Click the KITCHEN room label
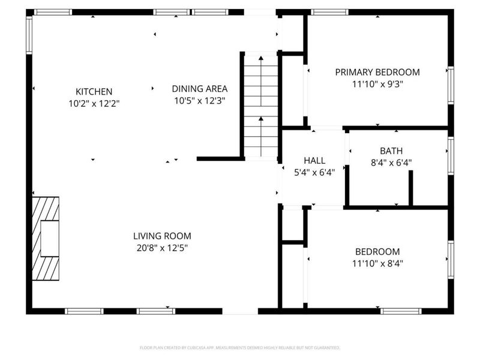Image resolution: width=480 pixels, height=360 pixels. coord(94,92)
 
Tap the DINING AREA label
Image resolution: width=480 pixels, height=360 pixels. coord(200,88)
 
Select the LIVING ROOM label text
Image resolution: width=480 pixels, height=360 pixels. coord(162,236)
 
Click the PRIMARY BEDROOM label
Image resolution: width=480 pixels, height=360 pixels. coord(377,72)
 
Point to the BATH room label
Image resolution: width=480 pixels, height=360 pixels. coord(391,151)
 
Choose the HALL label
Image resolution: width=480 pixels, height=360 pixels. coord(314,160)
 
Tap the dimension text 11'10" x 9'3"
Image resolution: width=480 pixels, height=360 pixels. coord(377,84)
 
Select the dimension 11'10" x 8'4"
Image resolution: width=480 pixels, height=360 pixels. coord(377,263)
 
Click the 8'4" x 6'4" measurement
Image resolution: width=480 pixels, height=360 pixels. coord(391,162)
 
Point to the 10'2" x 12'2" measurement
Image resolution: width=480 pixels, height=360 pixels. coord(94,103)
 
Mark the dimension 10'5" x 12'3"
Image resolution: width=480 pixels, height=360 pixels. coord(200,101)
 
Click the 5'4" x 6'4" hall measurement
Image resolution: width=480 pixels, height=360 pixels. coord(314,172)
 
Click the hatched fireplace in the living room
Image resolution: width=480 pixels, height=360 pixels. coord(46,238)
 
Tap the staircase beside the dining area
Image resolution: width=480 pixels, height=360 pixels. coord(261,106)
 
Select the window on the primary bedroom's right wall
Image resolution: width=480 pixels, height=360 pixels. coord(450,86)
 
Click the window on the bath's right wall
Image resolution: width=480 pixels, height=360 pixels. coord(450,155)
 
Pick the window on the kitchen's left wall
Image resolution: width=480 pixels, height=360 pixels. coord(29,35)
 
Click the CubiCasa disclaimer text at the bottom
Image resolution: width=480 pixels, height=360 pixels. coord(240,347)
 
